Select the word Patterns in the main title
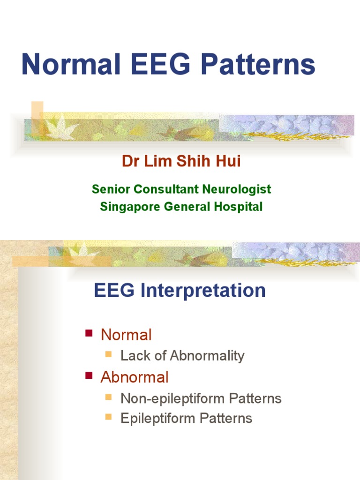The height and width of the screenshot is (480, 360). pos(253,65)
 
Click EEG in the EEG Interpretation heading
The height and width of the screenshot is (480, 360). pos(114,291)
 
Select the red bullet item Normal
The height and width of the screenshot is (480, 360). pos(127,335)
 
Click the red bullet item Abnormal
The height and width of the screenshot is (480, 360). pos(135,377)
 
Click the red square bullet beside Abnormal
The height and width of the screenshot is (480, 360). pos(88,376)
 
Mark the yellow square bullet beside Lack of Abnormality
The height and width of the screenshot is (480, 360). pos(109,354)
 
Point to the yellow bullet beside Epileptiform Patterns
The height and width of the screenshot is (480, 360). pos(109,417)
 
